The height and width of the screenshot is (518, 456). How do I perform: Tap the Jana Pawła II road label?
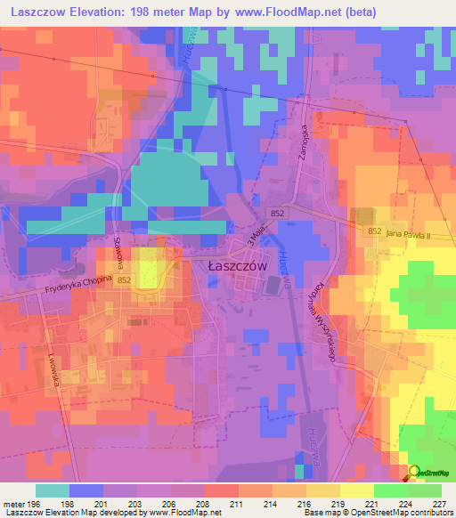click(x=411, y=233)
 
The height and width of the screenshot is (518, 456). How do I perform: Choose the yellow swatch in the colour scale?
click(x=356, y=490)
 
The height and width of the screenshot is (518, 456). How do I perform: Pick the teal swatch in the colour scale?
click(x=52, y=490)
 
